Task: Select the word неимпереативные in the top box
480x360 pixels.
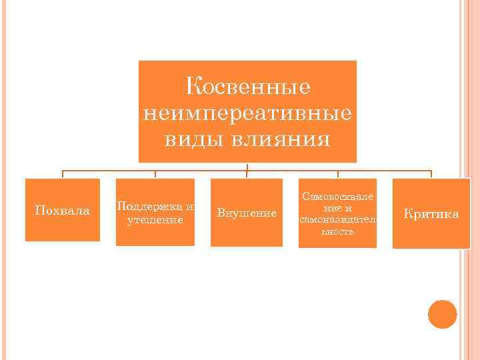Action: (247, 113)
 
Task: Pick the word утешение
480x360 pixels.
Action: (155, 219)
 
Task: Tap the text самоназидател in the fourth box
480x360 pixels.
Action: (338, 219)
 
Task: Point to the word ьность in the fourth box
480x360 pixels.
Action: (338, 231)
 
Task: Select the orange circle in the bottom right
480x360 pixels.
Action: (443, 314)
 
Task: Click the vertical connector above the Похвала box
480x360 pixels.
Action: (63, 174)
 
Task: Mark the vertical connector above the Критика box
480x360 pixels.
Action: (431, 174)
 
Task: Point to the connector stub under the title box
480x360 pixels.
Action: (247, 166)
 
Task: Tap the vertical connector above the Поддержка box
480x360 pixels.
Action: (155, 174)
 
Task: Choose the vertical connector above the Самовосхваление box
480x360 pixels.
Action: (338, 174)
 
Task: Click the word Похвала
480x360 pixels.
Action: (62, 211)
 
